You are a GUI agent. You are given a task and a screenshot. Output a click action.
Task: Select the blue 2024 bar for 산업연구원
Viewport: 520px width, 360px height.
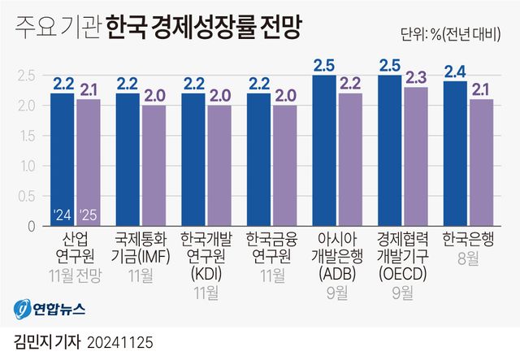pyautogui.click(x=63, y=159)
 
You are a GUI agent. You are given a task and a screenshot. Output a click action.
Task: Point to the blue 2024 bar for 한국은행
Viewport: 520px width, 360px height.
pyautogui.click(x=455, y=154)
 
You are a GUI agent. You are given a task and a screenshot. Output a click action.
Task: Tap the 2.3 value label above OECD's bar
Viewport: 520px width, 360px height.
pyautogui.click(x=415, y=77)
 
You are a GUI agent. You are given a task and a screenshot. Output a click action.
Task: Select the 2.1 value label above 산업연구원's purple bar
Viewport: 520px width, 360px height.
pyautogui.click(x=89, y=89)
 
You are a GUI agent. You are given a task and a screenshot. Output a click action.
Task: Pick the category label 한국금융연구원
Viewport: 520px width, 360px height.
pyautogui.click(x=271, y=248)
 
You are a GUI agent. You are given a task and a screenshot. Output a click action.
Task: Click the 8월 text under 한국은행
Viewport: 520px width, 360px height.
pyautogui.click(x=468, y=258)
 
